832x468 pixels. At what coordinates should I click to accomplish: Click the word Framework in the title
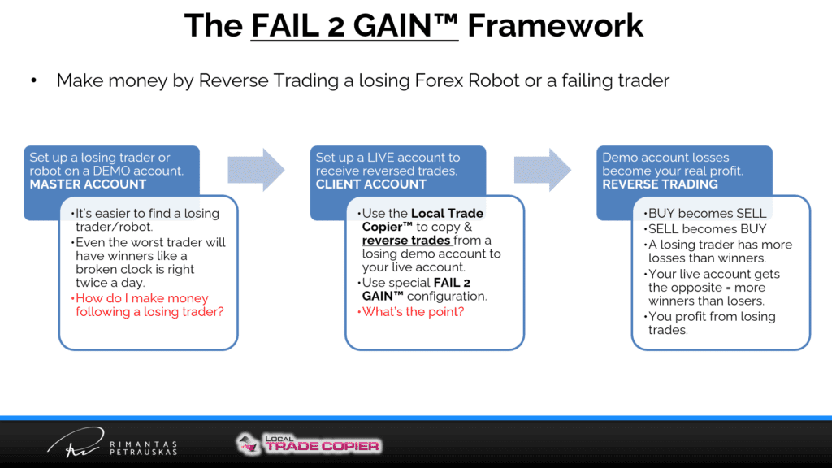tap(555, 25)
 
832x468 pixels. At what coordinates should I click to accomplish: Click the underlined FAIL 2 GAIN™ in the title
tap(354, 25)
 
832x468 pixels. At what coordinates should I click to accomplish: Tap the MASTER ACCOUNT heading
tap(88, 184)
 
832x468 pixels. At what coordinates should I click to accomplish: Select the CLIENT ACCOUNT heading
tap(370, 184)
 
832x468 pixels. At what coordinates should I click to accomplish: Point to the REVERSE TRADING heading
tap(660, 184)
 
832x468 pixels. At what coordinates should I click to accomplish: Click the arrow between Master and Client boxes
tap(256, 170)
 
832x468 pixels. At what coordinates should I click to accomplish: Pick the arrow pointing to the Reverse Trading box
tap(542, 170)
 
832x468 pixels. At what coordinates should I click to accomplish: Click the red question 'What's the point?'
tap(413, 311)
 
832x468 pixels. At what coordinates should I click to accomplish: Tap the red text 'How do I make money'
tap(142, 298)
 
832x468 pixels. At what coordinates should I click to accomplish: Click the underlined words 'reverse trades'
tap(406, 240)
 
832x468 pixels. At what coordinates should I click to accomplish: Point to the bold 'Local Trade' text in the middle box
tap(448, 214)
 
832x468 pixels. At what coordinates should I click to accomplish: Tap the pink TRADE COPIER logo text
tap(322, 446)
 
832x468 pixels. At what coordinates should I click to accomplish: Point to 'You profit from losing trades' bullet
tap(712, 323)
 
